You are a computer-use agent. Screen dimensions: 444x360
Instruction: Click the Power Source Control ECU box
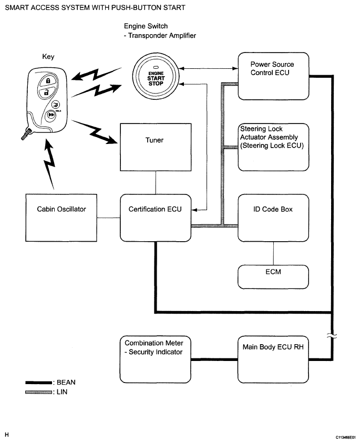pyautogui.click(x=273, y=76)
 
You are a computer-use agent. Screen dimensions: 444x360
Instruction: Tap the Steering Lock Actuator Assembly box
pyautogui.click(x=273, y=147)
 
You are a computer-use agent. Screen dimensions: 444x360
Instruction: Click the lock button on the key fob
pyautogui.click(x=48, y=81)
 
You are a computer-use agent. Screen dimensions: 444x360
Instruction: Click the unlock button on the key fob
pyautogui.click(x=47, y=93)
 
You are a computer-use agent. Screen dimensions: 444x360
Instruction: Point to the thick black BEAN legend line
pyautogui.click(x=38, y=383)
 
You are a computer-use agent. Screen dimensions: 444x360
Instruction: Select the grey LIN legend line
pyautogui.click(x=38, y=391)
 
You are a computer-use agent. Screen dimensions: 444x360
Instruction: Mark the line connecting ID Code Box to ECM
pyautogui.click(x=273, y=253)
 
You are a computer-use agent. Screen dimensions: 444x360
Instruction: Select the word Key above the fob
pyautogui.click(x=47, y=56)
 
